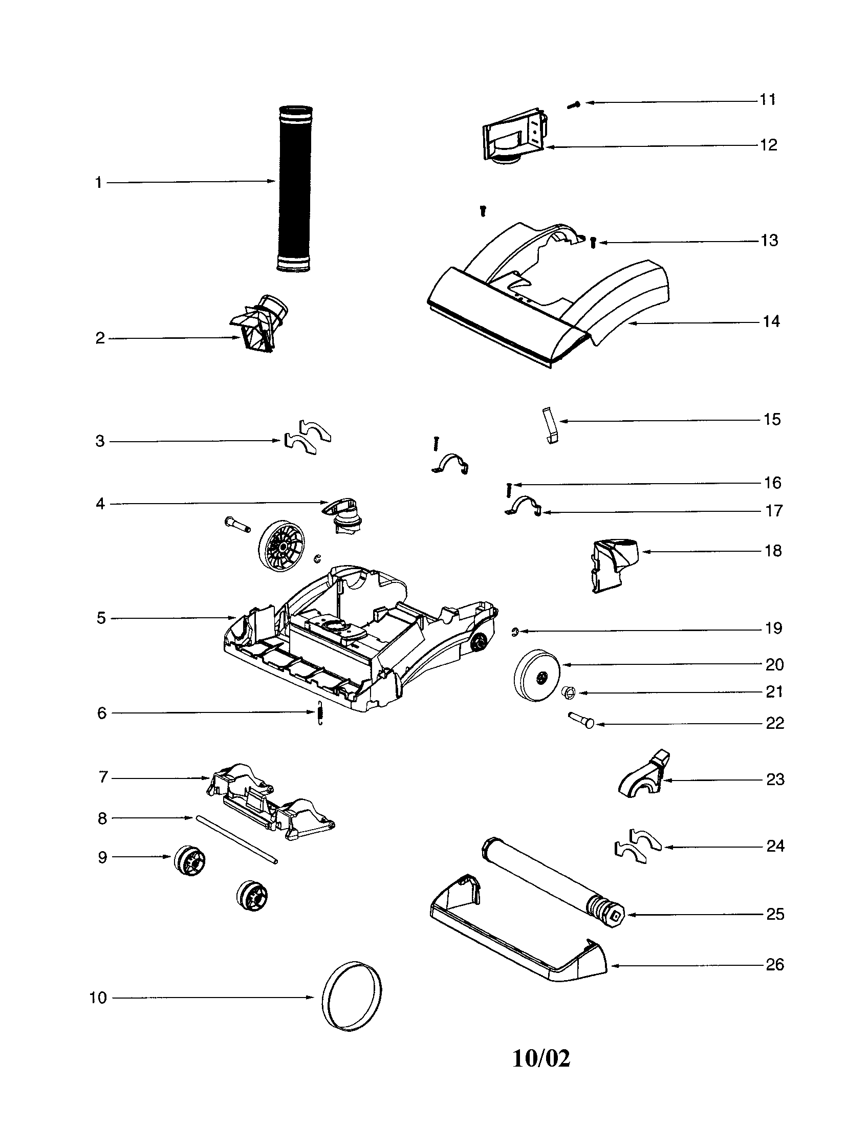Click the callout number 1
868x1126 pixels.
pyautogui.click(x=98, y=183)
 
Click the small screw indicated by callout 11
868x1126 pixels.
pyautogui.click(x=574, y=104)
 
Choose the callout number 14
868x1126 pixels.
pyautogui.click(x=771, y=322)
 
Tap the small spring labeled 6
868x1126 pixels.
pyautogui.click(x=320, y=713)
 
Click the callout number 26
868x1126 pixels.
pyautogui.click(x=775, y=965)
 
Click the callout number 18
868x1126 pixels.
pyautogui.click(x=773, y=551)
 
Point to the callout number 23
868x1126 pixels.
pyautogui.click(x=775, y=779)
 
